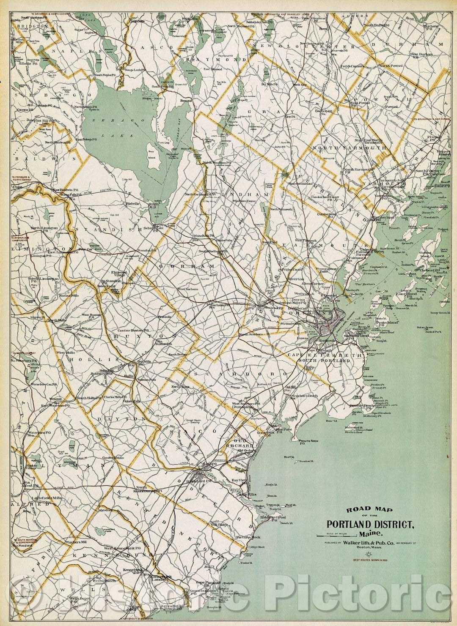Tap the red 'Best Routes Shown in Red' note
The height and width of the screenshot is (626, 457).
coord(371,560)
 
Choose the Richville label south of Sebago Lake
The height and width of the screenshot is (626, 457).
coord(132,203)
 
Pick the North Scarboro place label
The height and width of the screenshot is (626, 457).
coord(250,334)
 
